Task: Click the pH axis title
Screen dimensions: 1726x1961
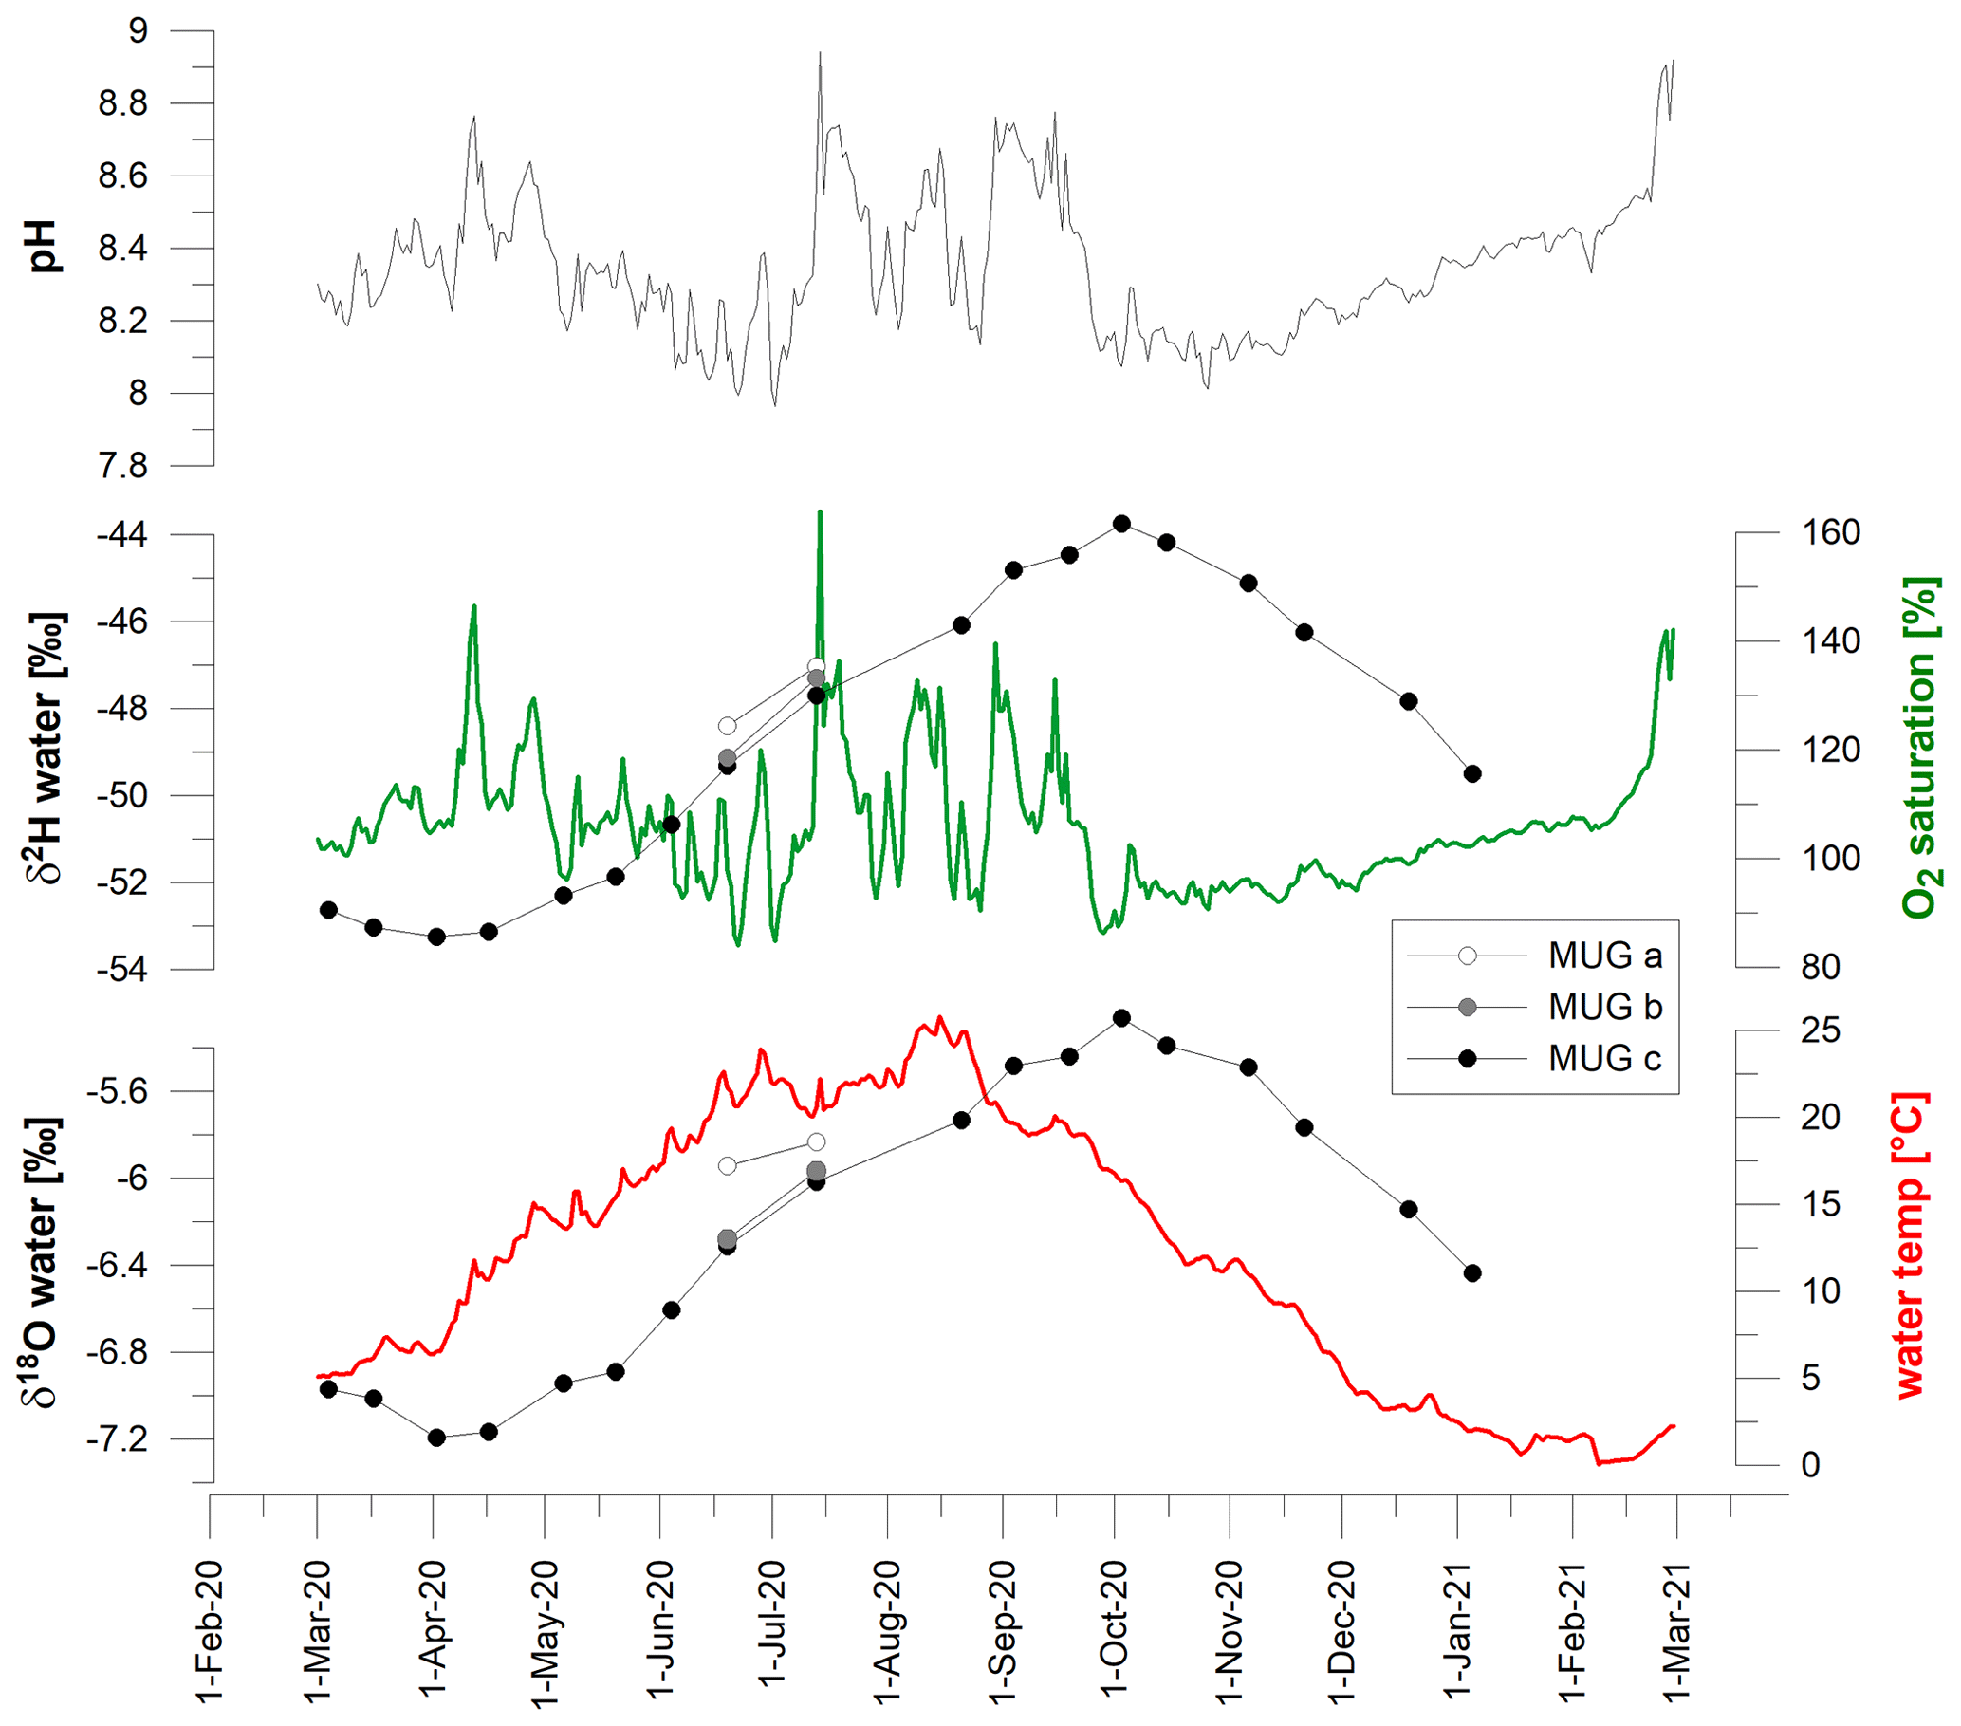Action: pyautogui.click(x=44, y=247)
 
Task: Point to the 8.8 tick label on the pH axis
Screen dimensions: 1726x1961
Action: pyautogui.click(x=123, y=103)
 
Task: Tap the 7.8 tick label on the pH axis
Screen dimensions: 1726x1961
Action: pyautogui.click(x=123, y=466)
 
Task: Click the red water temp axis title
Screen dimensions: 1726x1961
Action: pyautogui.click(x=1910, y=1244)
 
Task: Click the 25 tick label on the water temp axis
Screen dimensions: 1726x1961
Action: pyautogui.click(x=1820, y=1030)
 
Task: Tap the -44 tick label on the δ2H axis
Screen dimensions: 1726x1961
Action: pyautogui.click(x=121, y=534)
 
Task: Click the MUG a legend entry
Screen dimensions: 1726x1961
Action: pyautogui.click(x=1604, y=956)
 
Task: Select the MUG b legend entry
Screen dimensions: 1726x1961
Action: pyautogui.click(x=1604, y=1007)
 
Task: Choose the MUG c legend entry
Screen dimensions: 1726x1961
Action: pyautogui.click(x=1604, y=1058)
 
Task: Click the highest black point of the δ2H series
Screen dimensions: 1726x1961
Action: pyautogui.click(x=1121, y=524)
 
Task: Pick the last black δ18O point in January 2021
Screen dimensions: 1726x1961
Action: pyautogui.click(x=1472, y=1273)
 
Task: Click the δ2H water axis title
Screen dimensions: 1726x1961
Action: pyautogui.click(x=44, y=748)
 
